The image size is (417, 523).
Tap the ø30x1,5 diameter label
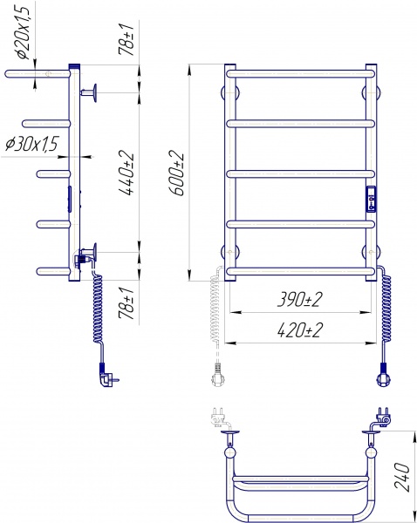click(x=32, y=144)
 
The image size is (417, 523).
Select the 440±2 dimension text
click(x=126, y=174)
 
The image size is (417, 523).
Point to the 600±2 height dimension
click(x=176, y=173)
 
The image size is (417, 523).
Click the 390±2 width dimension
click(x=300, y=300)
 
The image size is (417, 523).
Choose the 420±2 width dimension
click(x=300, y=330)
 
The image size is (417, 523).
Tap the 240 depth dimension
click(x=401, y=477)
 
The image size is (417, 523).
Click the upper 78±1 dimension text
click(x=126, y=38)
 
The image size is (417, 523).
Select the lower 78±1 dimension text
click(x=126, y=302)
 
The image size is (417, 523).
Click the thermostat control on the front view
click(x=372, y=199)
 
